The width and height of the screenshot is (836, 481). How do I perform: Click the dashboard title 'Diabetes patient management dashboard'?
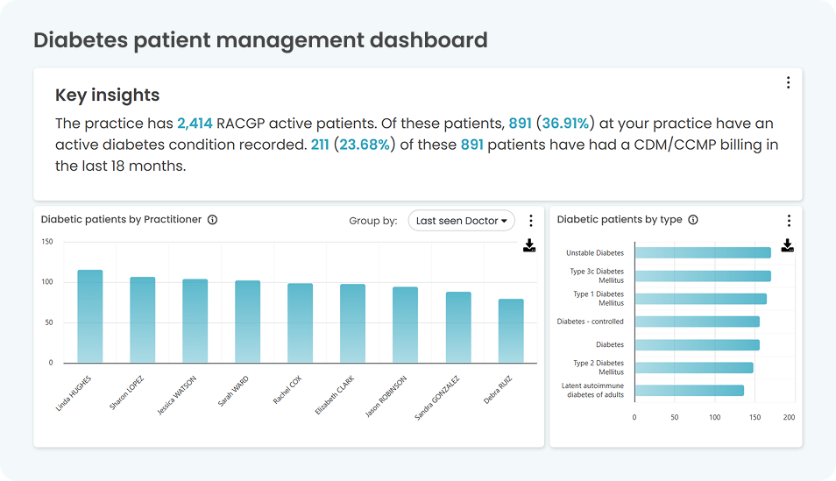point(260,40)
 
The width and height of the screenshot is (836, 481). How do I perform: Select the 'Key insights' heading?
point(107,95)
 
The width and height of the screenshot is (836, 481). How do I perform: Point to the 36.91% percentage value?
point(566,124)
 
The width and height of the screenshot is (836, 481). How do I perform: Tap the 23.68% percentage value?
point(365,145)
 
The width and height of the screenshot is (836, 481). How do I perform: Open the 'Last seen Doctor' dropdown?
point(461,221)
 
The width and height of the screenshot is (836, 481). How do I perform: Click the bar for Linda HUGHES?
point(89,315)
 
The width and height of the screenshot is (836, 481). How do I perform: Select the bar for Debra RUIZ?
point(511,330)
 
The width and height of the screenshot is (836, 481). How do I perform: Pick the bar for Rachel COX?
point(300,322)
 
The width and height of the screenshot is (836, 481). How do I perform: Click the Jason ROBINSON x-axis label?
point(386,397)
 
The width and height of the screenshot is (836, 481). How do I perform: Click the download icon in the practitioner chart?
point(529,245)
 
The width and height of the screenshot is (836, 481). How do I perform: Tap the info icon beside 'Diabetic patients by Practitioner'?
point(212,220)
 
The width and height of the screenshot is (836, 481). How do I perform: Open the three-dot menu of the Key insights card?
point(788,82)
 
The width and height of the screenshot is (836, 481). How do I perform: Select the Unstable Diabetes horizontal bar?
point(702,253)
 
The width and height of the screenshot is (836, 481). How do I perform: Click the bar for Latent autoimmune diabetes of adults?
point(689,391)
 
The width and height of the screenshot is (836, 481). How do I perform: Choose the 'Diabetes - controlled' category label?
point(591,322)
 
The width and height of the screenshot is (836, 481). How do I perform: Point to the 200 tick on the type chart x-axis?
point(789,417)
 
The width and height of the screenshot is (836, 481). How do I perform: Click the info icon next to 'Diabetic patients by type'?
point(693,220)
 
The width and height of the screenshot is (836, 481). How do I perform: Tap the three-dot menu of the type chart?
point(788,221)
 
